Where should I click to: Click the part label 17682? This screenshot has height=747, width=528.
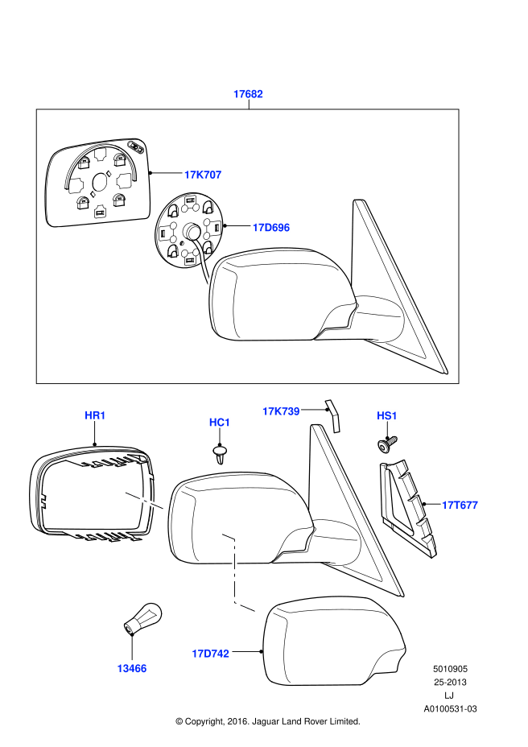click(248, 94)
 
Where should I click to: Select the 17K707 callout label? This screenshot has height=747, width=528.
click(202, 174)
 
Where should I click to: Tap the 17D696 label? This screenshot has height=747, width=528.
click(270, 228)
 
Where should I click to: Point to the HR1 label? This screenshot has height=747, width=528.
click(95, 415)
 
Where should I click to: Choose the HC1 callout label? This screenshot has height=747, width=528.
click(220, 422)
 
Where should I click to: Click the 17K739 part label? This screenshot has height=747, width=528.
click(281, 411)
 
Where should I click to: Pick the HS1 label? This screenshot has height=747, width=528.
click(387, 415)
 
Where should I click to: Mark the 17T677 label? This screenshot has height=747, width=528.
click(460, 506)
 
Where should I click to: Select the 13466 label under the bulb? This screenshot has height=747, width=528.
click(131, 668)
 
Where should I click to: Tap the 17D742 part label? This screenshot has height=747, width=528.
click(210, 654)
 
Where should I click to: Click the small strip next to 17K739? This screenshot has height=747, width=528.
click(333, 414)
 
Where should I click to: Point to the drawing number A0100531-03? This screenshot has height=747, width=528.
click(450, 709)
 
